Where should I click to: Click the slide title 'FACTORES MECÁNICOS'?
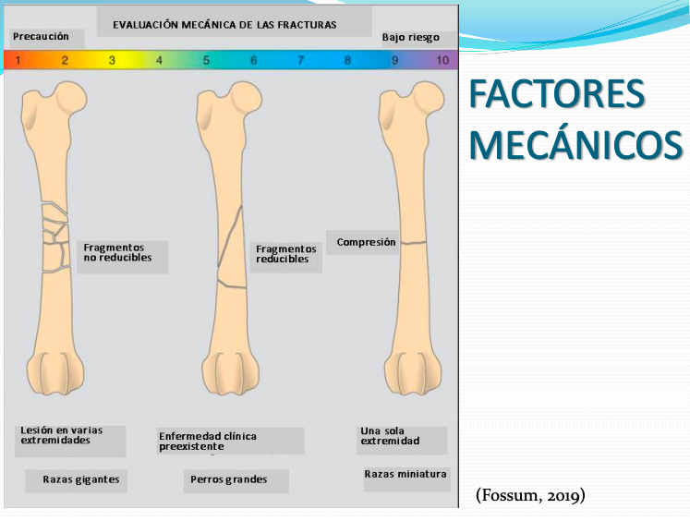[575, 119]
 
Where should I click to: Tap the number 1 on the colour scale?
[18, 61]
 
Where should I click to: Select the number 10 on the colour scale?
[442, 61]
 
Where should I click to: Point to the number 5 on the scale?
[206, 61]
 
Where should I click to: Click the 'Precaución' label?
[41, 37]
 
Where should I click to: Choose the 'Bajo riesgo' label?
[410, 38]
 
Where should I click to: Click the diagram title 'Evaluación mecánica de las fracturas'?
[224, 24]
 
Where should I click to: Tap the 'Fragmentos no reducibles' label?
[118, 252]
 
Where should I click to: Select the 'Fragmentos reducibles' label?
[285, 254]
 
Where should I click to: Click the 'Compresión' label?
[366, 242]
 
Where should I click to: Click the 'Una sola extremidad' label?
[389, 436]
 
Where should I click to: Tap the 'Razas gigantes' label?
[80, 479]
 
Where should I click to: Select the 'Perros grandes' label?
[228, 479]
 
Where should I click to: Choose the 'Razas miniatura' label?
[406, 474]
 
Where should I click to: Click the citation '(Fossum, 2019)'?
[530, 495]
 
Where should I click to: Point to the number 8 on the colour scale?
[347, 61]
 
